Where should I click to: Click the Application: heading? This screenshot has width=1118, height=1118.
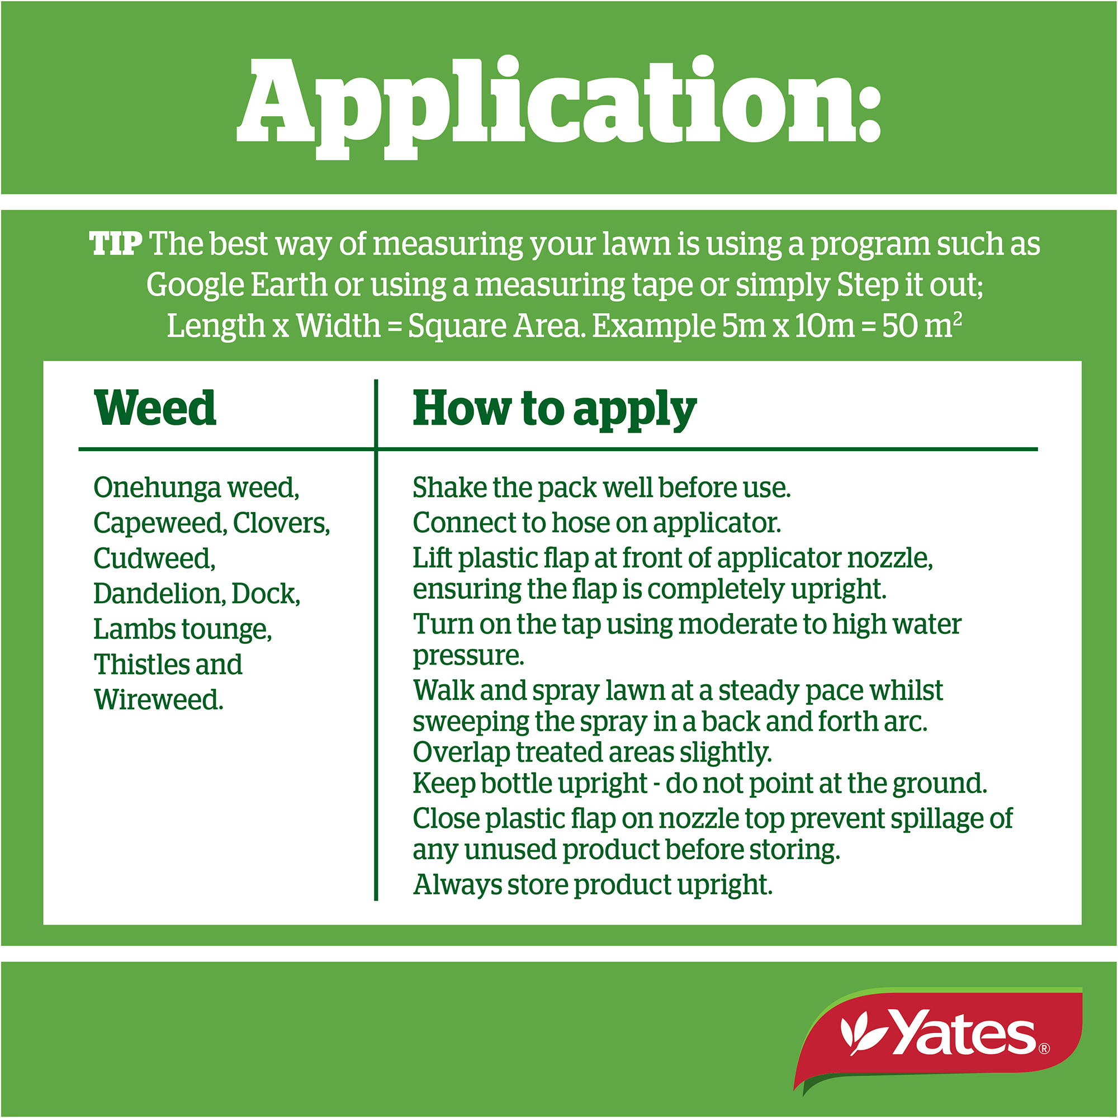559,108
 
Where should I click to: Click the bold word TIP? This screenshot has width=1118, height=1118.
116,244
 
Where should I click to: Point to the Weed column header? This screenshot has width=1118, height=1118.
155,409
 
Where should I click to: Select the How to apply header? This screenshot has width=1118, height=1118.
555,410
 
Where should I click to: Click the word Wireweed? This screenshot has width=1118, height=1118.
159,700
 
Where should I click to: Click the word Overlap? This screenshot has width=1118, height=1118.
461,752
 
